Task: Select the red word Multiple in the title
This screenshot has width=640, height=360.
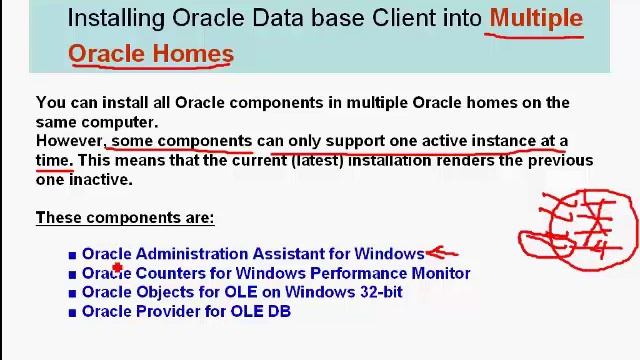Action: point(536,18)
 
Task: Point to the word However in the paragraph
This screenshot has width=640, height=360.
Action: point(69,141)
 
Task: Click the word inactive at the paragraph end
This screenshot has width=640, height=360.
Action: point(99,180)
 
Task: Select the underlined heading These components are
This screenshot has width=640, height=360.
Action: point(125,217)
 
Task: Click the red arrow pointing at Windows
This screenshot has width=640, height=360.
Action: point(441,254)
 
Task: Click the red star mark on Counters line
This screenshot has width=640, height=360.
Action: point(117,268)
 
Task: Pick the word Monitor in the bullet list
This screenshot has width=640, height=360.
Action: point(438,273)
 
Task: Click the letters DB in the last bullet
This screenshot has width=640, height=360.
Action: point(279,311)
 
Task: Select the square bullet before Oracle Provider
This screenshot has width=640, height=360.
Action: point(72,312)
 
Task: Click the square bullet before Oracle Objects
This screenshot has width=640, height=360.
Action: point(72,293)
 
